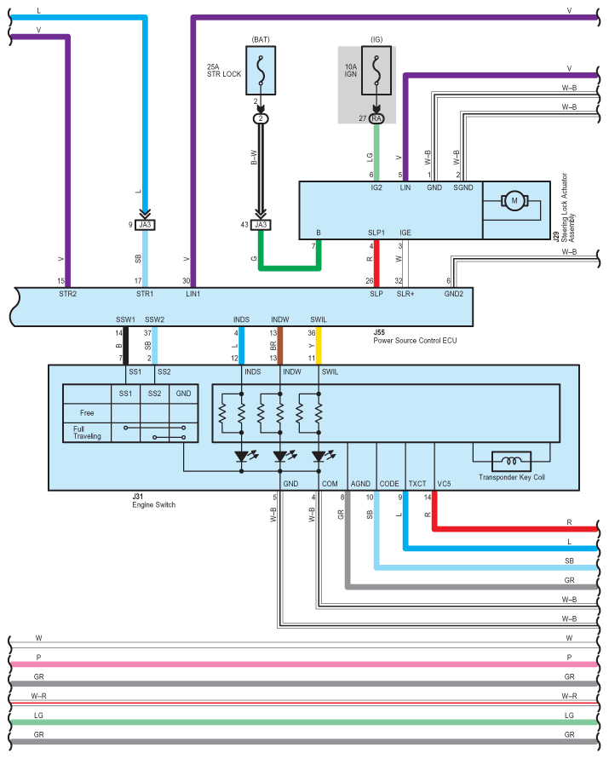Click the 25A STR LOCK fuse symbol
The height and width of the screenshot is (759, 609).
(261, 70)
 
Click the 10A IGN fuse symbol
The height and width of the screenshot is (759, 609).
(376, 70)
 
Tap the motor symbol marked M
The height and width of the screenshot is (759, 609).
(514, 201)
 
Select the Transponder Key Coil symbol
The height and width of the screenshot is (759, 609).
(511, 461)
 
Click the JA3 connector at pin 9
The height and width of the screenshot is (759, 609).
(145, 225)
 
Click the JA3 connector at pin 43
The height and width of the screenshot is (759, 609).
(261, 225)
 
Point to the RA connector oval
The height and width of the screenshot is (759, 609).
(376, 118)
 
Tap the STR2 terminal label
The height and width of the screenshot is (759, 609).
(68, 294)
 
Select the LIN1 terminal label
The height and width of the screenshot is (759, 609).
(192, 294)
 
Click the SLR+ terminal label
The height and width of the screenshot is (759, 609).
(405, 294)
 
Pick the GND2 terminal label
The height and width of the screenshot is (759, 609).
(454, 294)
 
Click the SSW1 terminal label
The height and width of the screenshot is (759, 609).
(125, 319)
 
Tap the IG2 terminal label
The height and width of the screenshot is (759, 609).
(376, 187)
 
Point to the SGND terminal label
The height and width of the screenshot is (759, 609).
(463, 187)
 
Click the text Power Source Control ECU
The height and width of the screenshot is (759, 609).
(415, 340)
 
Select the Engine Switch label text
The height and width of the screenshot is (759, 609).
(154, 504)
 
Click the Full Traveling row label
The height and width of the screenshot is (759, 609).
(87, 432)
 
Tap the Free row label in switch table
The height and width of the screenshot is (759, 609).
(87, 413)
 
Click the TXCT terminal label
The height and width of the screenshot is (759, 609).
(417, 484)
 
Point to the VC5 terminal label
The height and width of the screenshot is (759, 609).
(444, 484)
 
